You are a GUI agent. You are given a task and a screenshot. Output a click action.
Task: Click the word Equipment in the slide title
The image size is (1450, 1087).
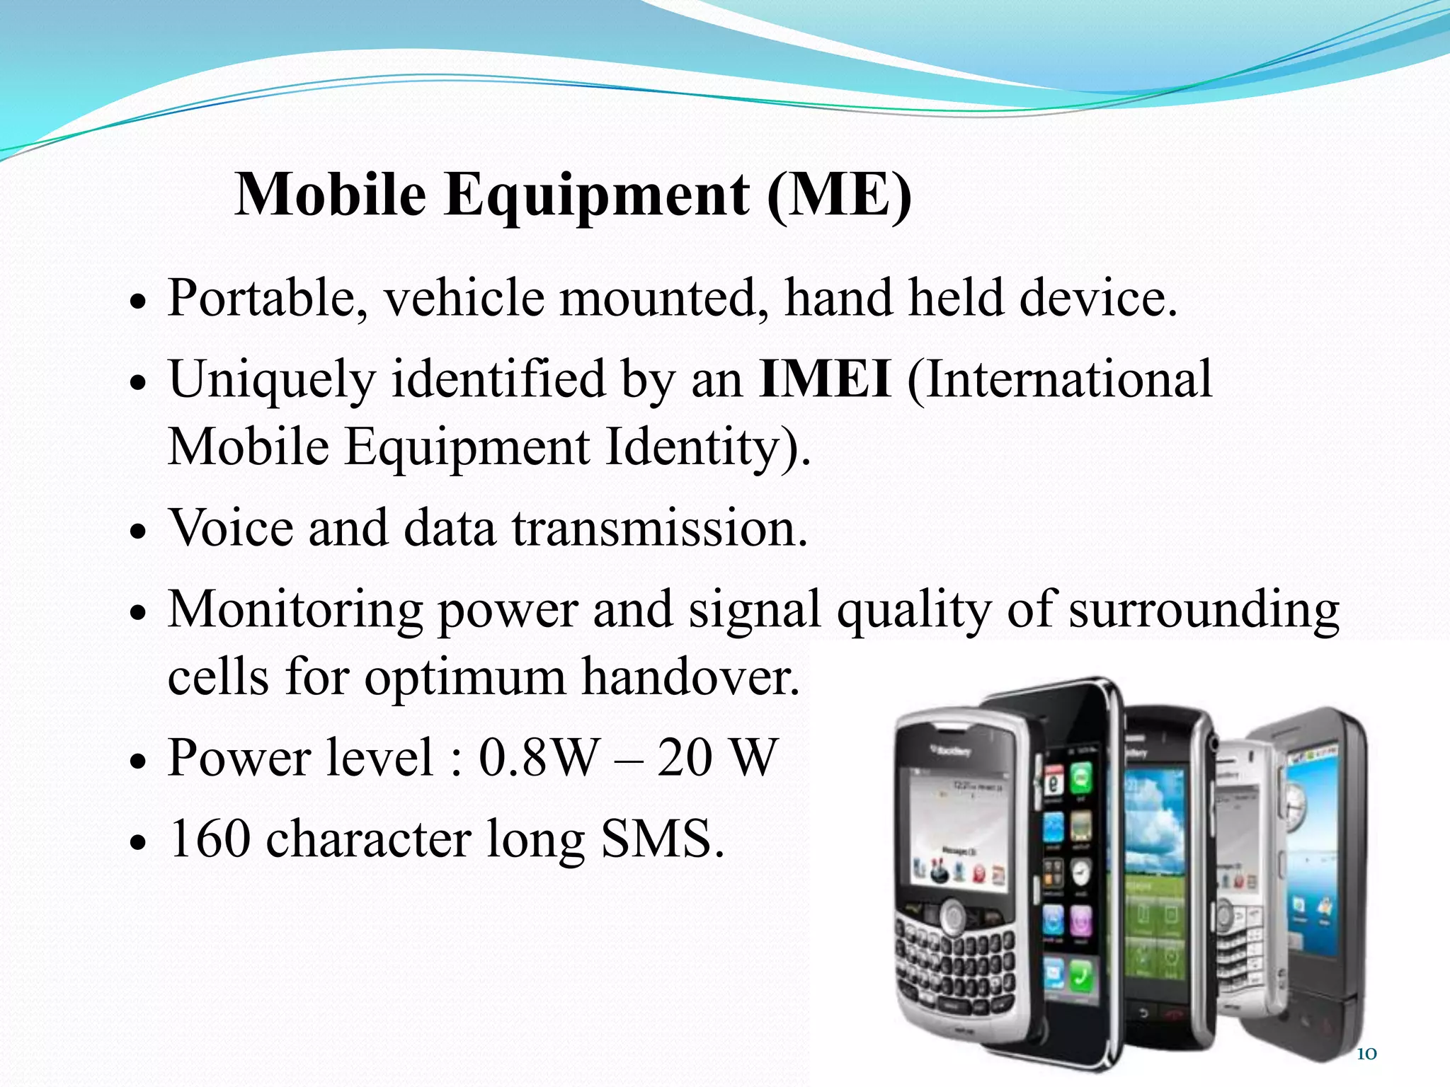[x=596, y=196]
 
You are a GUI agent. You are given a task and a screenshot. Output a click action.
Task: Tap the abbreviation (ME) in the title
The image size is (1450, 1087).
[x=840, y=196]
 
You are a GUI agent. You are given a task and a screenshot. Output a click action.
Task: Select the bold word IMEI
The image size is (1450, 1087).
[x=823, y=379]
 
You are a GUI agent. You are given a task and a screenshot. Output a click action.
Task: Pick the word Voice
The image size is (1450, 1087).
[x=229, y=528]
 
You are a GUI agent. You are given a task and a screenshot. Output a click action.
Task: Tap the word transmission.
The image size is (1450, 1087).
[x=659, y=528]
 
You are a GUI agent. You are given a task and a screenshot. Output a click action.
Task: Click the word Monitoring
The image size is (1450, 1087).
[x=295, y=610]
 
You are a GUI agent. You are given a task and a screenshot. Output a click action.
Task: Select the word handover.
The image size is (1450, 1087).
[x=690, y=677]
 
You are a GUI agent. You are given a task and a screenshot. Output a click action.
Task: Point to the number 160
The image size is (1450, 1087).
[x=210, y=839]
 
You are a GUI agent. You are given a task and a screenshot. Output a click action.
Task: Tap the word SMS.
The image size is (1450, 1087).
[x=662, y=839]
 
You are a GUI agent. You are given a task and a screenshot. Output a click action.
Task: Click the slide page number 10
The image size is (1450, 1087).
[x=1366, y=1054]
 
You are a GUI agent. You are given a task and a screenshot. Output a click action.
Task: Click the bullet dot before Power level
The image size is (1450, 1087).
[x=138, y=763]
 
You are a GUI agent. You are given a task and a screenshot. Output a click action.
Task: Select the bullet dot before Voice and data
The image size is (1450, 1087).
[x=138, y=533]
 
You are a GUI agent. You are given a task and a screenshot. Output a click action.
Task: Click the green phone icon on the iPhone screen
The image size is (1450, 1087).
[x=1080, y=978]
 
